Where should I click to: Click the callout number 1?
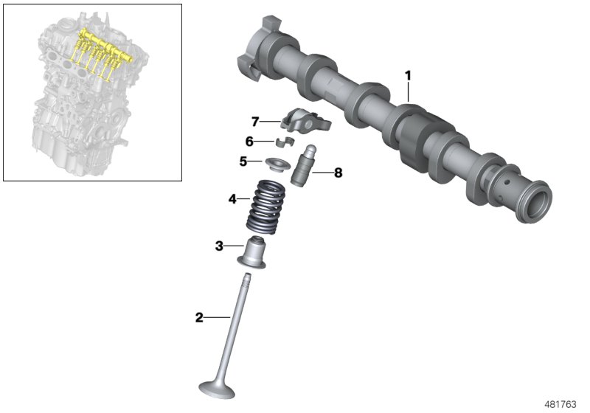coord(408,75)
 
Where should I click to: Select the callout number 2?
coord(198,318)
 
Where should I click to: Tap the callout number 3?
coord(219,246)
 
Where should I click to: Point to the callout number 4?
coord(232,198)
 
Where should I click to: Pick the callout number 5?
coord(243,160)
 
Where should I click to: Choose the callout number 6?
coord(249,140)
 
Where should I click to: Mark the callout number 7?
coord(255,121)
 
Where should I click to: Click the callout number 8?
coord(338,173)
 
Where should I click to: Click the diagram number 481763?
coord(562,404)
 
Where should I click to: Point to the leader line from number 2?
coord(218,318)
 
